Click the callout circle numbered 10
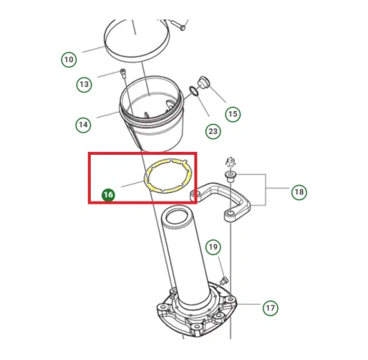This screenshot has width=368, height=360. [x=69, y=60]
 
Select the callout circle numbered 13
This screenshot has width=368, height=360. [x=84, y=84]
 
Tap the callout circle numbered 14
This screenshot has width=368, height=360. [x=84, y=125]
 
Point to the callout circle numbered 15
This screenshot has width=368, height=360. [x=233, y=114]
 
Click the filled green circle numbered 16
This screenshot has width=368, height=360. [x=108, y=194]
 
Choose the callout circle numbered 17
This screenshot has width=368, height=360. [x=270, y=307]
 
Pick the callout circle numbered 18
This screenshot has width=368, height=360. [x=299, y=192]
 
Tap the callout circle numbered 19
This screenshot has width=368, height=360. [x=213, y=247]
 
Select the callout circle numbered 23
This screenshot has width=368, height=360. [x=213, y=131]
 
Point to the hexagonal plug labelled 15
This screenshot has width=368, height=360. [x=204, y=82]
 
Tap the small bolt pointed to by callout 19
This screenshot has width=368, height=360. [x=224, y=280]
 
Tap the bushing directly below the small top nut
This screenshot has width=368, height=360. [x=230, y=176]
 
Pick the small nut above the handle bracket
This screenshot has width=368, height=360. [x=230, y=163]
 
